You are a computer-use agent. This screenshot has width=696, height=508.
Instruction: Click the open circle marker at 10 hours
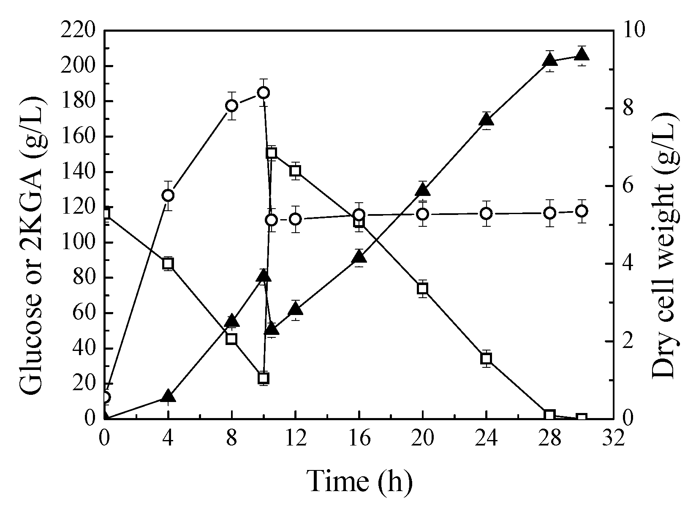(x=264, y=92)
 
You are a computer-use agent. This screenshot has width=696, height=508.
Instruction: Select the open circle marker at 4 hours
(x=168, y=196)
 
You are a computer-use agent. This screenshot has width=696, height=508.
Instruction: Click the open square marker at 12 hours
(x=295, y=171)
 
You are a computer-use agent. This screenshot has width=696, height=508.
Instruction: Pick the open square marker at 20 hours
(x=423, y=289)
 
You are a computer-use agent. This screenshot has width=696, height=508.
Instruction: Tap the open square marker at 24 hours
(x=486, y=359)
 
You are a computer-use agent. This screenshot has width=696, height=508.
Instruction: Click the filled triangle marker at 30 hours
(x=582, y=54)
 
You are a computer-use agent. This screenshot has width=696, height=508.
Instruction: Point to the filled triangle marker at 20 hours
(x=423, y=190)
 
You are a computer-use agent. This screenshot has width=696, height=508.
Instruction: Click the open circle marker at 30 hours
(x=582, y=211)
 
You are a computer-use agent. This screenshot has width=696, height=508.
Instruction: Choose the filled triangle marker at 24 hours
(x=486, y=120)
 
